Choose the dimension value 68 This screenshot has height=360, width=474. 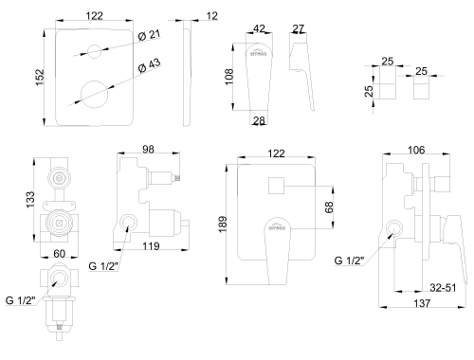point(328,207)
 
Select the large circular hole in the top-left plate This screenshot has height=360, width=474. point(95,93)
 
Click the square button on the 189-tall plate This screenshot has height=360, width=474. point(278,186)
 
